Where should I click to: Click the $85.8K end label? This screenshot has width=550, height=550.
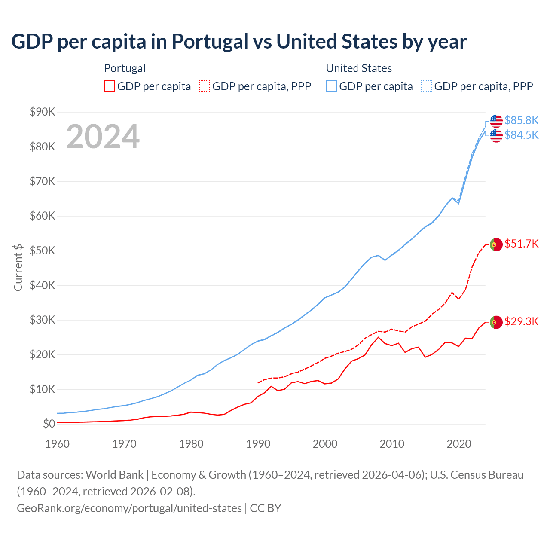[x=521, y=120]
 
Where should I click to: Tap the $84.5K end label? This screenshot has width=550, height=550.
[x=521, y=135]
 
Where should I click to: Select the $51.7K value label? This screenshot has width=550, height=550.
[x=521, y=244]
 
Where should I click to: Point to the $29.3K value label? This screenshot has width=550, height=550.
[x=521, y=322]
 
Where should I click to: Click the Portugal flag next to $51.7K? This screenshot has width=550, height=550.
[x=496, y=244]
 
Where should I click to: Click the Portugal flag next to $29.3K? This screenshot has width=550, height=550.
[x=496, y=322]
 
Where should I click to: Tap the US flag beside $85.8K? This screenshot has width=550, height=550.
[x=496, y=121]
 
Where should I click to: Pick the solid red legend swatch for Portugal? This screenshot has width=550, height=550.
[x=110, y=86]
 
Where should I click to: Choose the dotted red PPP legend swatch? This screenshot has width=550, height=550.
[x=205, y=86]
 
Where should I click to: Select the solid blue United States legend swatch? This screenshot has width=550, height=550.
[x=331, y=86]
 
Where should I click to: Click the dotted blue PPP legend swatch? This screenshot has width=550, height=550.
[x=427, y=86]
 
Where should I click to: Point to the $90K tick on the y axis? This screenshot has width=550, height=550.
[x=42, y=112]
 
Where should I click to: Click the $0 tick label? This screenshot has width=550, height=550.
[x=49, y=424]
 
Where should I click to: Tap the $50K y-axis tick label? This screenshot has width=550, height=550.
[x=42, y=251]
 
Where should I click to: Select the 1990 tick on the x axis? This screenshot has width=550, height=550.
[x=258, y=444]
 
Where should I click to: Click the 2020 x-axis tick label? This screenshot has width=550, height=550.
[x=459, y=444]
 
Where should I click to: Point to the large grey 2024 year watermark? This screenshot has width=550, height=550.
[x=103, y=137]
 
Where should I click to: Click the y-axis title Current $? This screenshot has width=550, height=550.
[x=18, y=267]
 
